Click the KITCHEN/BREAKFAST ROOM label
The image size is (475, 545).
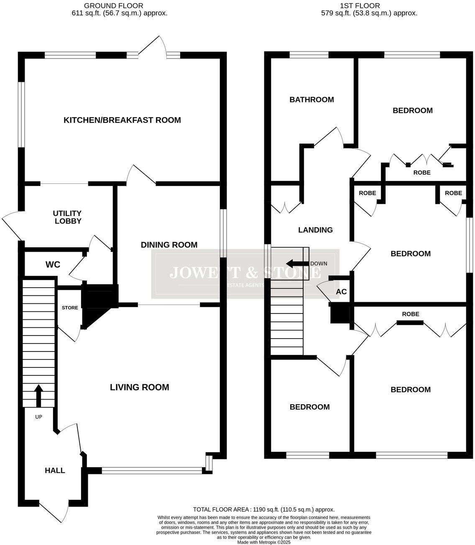pos(122,120)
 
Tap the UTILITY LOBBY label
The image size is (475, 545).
pos(67,217)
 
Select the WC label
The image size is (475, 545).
pos(53,265)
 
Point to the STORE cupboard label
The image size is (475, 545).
pos(70,308)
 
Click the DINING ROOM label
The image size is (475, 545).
pos(169,245)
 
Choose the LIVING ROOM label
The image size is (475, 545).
pos(139,387)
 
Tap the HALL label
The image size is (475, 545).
pos(55,471)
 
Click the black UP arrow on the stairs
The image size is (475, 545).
pos(38,395)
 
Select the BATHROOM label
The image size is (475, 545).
pos(312,100)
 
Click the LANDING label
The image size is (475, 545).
pos(315,230)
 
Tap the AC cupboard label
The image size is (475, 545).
pos(341,292)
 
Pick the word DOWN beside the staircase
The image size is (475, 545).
pos(319,264)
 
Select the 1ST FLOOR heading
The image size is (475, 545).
pos(360,6)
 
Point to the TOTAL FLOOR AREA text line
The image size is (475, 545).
pos(264,509)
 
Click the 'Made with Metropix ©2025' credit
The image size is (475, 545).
pos(264,542)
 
